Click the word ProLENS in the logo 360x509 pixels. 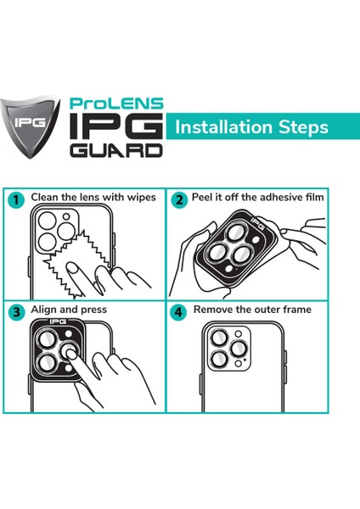click(116, 103)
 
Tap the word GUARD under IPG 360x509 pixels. click(116, 150)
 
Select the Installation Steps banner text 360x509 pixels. click(251, 127)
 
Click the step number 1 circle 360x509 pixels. click(16, 200)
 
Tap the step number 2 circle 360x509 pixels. click(179, 200)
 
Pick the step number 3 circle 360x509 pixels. click(16, 312)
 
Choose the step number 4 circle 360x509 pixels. click(178, 312)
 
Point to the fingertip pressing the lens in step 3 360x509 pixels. click(70, 352)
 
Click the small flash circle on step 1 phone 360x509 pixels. click(66, 216)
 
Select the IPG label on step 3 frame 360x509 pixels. click(58, 322)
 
